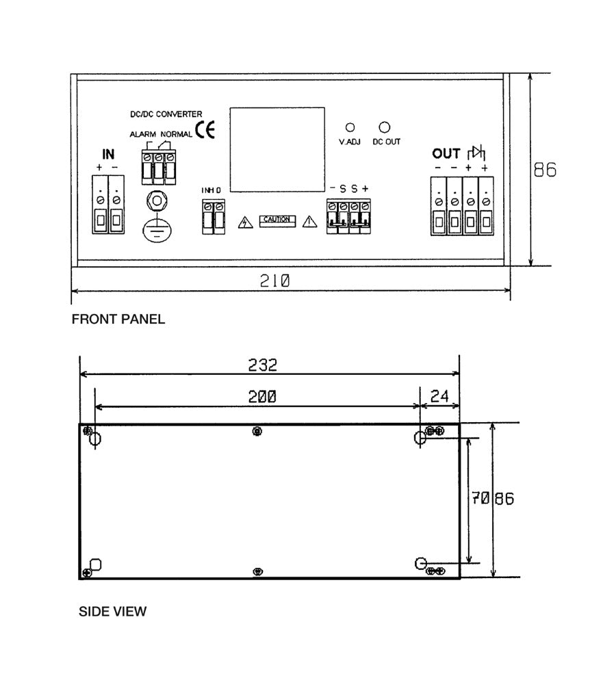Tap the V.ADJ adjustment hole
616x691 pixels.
[x=350, y=127]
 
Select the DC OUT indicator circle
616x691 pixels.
[x=385, y=127]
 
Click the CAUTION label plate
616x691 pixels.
[x=277, y=220]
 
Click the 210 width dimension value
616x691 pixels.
[x=274, y=281]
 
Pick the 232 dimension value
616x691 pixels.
[x=263, y=365]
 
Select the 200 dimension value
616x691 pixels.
[x=262, y=397]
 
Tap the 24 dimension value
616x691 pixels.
[x=439, y=396]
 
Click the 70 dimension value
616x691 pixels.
[x=480, y=499]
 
